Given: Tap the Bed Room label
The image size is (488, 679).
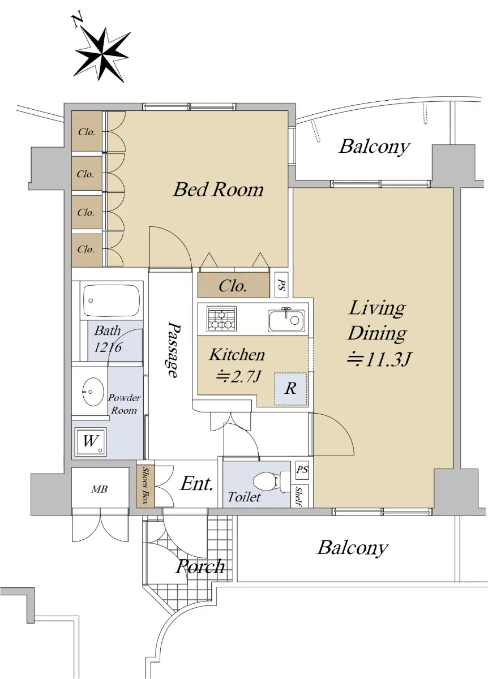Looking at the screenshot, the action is (x=218, y=189).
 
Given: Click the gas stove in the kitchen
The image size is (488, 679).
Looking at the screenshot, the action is (x=221, y=319).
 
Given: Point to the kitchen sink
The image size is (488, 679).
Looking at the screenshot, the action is (x=286, y=320).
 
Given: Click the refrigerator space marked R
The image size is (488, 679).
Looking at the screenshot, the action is (x=290, y=389).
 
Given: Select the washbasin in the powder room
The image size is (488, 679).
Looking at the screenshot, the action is (x=93, y=392).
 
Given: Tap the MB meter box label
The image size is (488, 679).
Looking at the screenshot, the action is (x=100, y=489).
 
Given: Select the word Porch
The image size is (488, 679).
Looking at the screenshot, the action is (x=200, y=566).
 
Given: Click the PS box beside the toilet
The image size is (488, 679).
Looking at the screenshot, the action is (x=302, y=470).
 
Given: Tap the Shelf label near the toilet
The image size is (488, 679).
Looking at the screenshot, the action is (x=298, y=497).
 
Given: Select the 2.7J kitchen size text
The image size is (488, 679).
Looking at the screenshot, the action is (x=238, y=377).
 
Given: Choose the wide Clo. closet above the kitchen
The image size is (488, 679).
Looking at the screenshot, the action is (x=233, y=285).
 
